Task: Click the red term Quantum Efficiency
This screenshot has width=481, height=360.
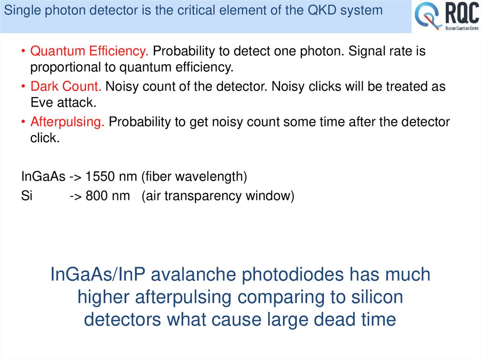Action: pyautogui.click(x=90, y=51)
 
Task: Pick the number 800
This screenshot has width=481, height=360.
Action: pyautogui.click(x=96, y=196)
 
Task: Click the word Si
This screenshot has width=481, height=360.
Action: pyautogui.click(x=27, y=196)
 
